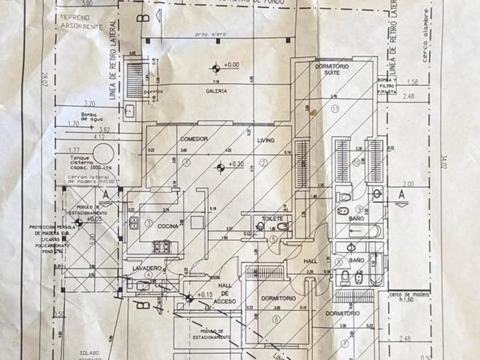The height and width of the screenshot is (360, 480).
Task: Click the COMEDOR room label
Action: pyautogui.click(x=193, y=139)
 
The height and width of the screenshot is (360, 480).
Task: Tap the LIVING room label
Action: pyautogui.click(x=266, y=141)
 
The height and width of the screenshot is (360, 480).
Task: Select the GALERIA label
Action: pyautogui.click(x=217, y=91)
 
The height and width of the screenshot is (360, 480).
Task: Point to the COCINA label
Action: pyautogui.click(x=170, y=226)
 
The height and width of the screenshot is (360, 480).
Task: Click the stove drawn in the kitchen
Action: pyautogui.click(x=162, y=247)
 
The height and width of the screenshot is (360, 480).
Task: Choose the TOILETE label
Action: pyautogui.click(x=273, y=219)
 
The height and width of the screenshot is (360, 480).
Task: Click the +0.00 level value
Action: pyautogui.click(x=231, y=65)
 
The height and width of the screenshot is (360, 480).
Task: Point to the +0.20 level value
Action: pyautogui.click(x=235, y=165)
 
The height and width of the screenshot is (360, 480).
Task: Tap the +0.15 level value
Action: pyautogui.click(x=203, y=295)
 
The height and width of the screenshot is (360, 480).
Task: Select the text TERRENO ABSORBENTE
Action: pyautogui.click(x=81, y=22)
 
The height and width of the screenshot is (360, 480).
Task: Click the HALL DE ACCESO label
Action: pyautogui.click(x=223, y=294)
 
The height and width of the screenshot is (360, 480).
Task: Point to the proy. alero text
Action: pyautogui.click(x=210, y=35)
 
